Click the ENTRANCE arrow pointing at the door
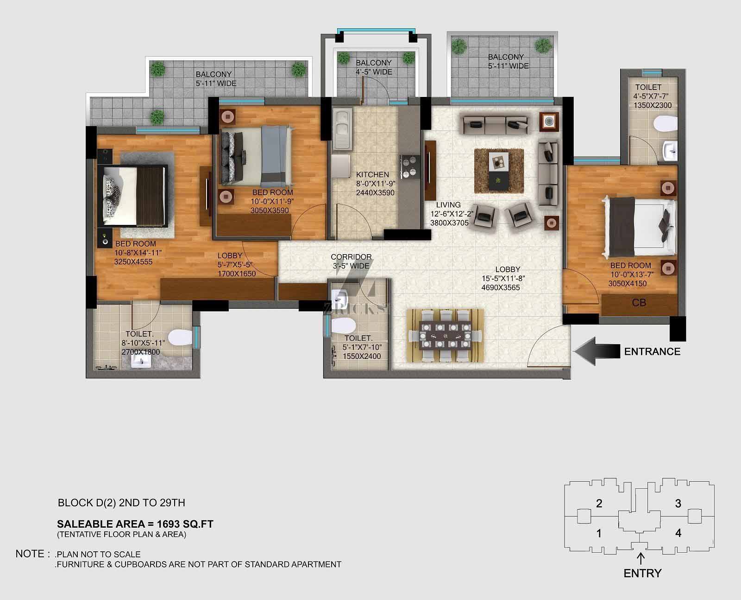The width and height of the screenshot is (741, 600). (597, 351)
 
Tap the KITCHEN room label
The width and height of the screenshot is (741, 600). (372, 174)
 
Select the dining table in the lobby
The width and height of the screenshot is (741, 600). (446, 336)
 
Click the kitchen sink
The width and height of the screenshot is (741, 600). (342, 129)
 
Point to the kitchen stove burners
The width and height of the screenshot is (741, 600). (409, 166)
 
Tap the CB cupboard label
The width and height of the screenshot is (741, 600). (639, 303)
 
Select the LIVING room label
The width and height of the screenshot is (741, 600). (448, 205)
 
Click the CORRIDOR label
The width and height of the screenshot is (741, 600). (351, 256)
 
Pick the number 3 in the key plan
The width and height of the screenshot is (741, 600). (678, 503)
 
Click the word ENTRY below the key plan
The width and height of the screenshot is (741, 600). (642, 573)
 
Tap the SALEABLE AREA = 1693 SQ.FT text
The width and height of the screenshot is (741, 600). (135, 524)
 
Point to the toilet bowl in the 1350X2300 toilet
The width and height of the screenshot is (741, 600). (665, 124)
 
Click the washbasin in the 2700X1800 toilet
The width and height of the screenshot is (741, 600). (141, 361)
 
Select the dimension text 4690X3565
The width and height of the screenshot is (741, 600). (500, 287)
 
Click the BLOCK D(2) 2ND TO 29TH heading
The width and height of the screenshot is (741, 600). (121, 503)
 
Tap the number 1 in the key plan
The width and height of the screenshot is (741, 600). (599, 533)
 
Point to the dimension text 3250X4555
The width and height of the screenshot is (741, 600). (133, 262)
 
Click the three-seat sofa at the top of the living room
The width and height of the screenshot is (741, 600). (496, 124)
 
